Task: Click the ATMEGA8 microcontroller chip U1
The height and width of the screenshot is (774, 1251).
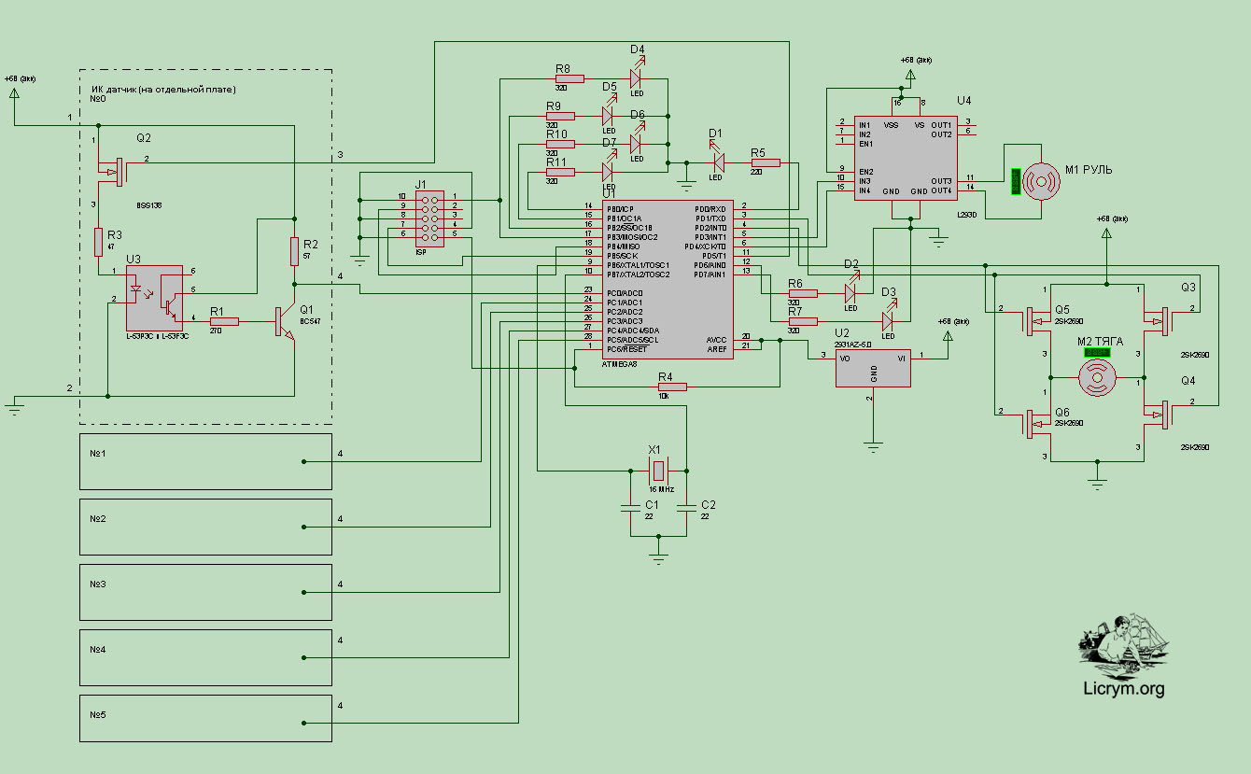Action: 668,280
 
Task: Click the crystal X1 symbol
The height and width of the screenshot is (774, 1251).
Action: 658,470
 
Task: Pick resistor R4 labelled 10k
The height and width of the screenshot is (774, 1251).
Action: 672,387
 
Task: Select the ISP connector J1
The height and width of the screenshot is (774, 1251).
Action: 430,216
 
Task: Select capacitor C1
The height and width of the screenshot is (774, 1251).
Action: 630,508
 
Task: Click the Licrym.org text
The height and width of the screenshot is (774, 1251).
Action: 1123,690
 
